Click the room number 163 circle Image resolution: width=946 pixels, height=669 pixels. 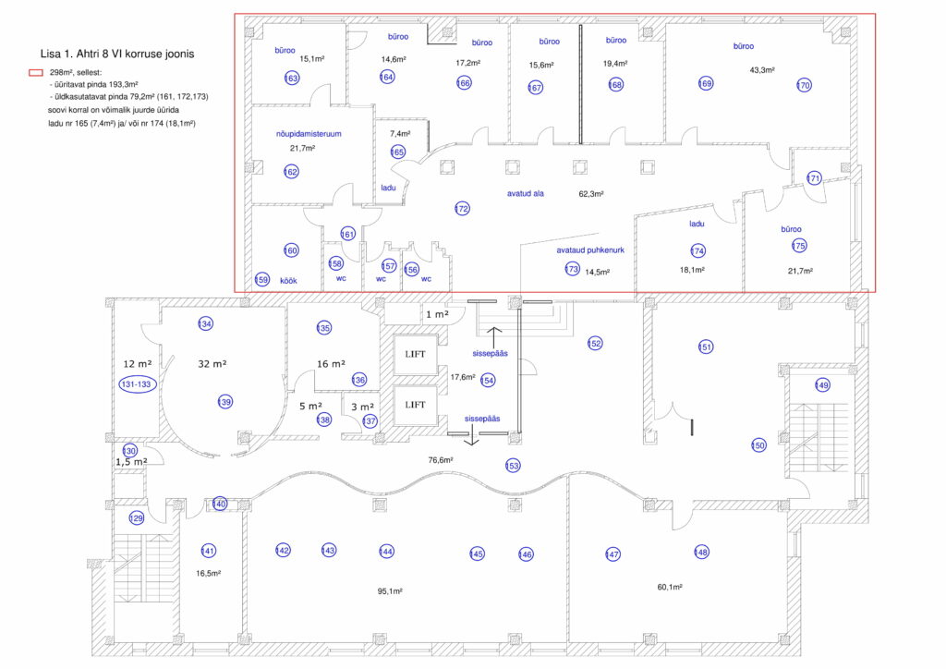pyautogui.click(x=291, y=78)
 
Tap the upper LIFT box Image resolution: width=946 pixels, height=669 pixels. pyautogui.click(x=415, y=355)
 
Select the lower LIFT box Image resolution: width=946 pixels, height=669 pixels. pyautogui.click(x=415, y=406)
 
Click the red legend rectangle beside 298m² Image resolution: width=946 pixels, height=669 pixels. pyautogui.click(x=36, y=72)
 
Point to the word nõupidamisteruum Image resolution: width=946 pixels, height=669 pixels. pyautogui.click(x=309, y=134)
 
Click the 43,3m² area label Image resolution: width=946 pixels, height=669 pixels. pyautogui.click(x=762, y=70)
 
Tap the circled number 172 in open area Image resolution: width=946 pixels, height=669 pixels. pyautogui.click(x=462, y=209)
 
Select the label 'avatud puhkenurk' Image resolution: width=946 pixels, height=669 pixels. pyautogui.click(x=590, y=249)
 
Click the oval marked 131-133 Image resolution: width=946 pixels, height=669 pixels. pyautogui.click(x=137, y=384)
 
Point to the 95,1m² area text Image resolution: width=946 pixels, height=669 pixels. pyautogui.click(x=390, y=591)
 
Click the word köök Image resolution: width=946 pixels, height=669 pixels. pyautogui.click(x=288, y=281)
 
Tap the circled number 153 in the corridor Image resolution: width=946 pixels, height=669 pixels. pyautogui.click(x=513, y=466)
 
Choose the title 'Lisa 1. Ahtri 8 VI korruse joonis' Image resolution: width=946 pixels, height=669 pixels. pyautogui.click(x=117, y=54)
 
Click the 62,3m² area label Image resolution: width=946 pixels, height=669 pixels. pyautogui.click(x=591, y=194)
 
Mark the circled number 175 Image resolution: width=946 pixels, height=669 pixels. pyautogui.click(x=799, y=246)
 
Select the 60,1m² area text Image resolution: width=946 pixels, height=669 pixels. pyautogui.click(x=670, y=587)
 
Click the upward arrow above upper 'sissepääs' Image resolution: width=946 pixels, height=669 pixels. pyautogui.click(x=494, y=338)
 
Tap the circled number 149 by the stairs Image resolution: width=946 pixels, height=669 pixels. pyautogui.click(x=822, y=385)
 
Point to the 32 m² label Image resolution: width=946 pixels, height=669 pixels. pyautogui.click(x=212, y=364)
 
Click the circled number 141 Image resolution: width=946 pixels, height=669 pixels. pyautogui.click(x=208, y=551)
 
